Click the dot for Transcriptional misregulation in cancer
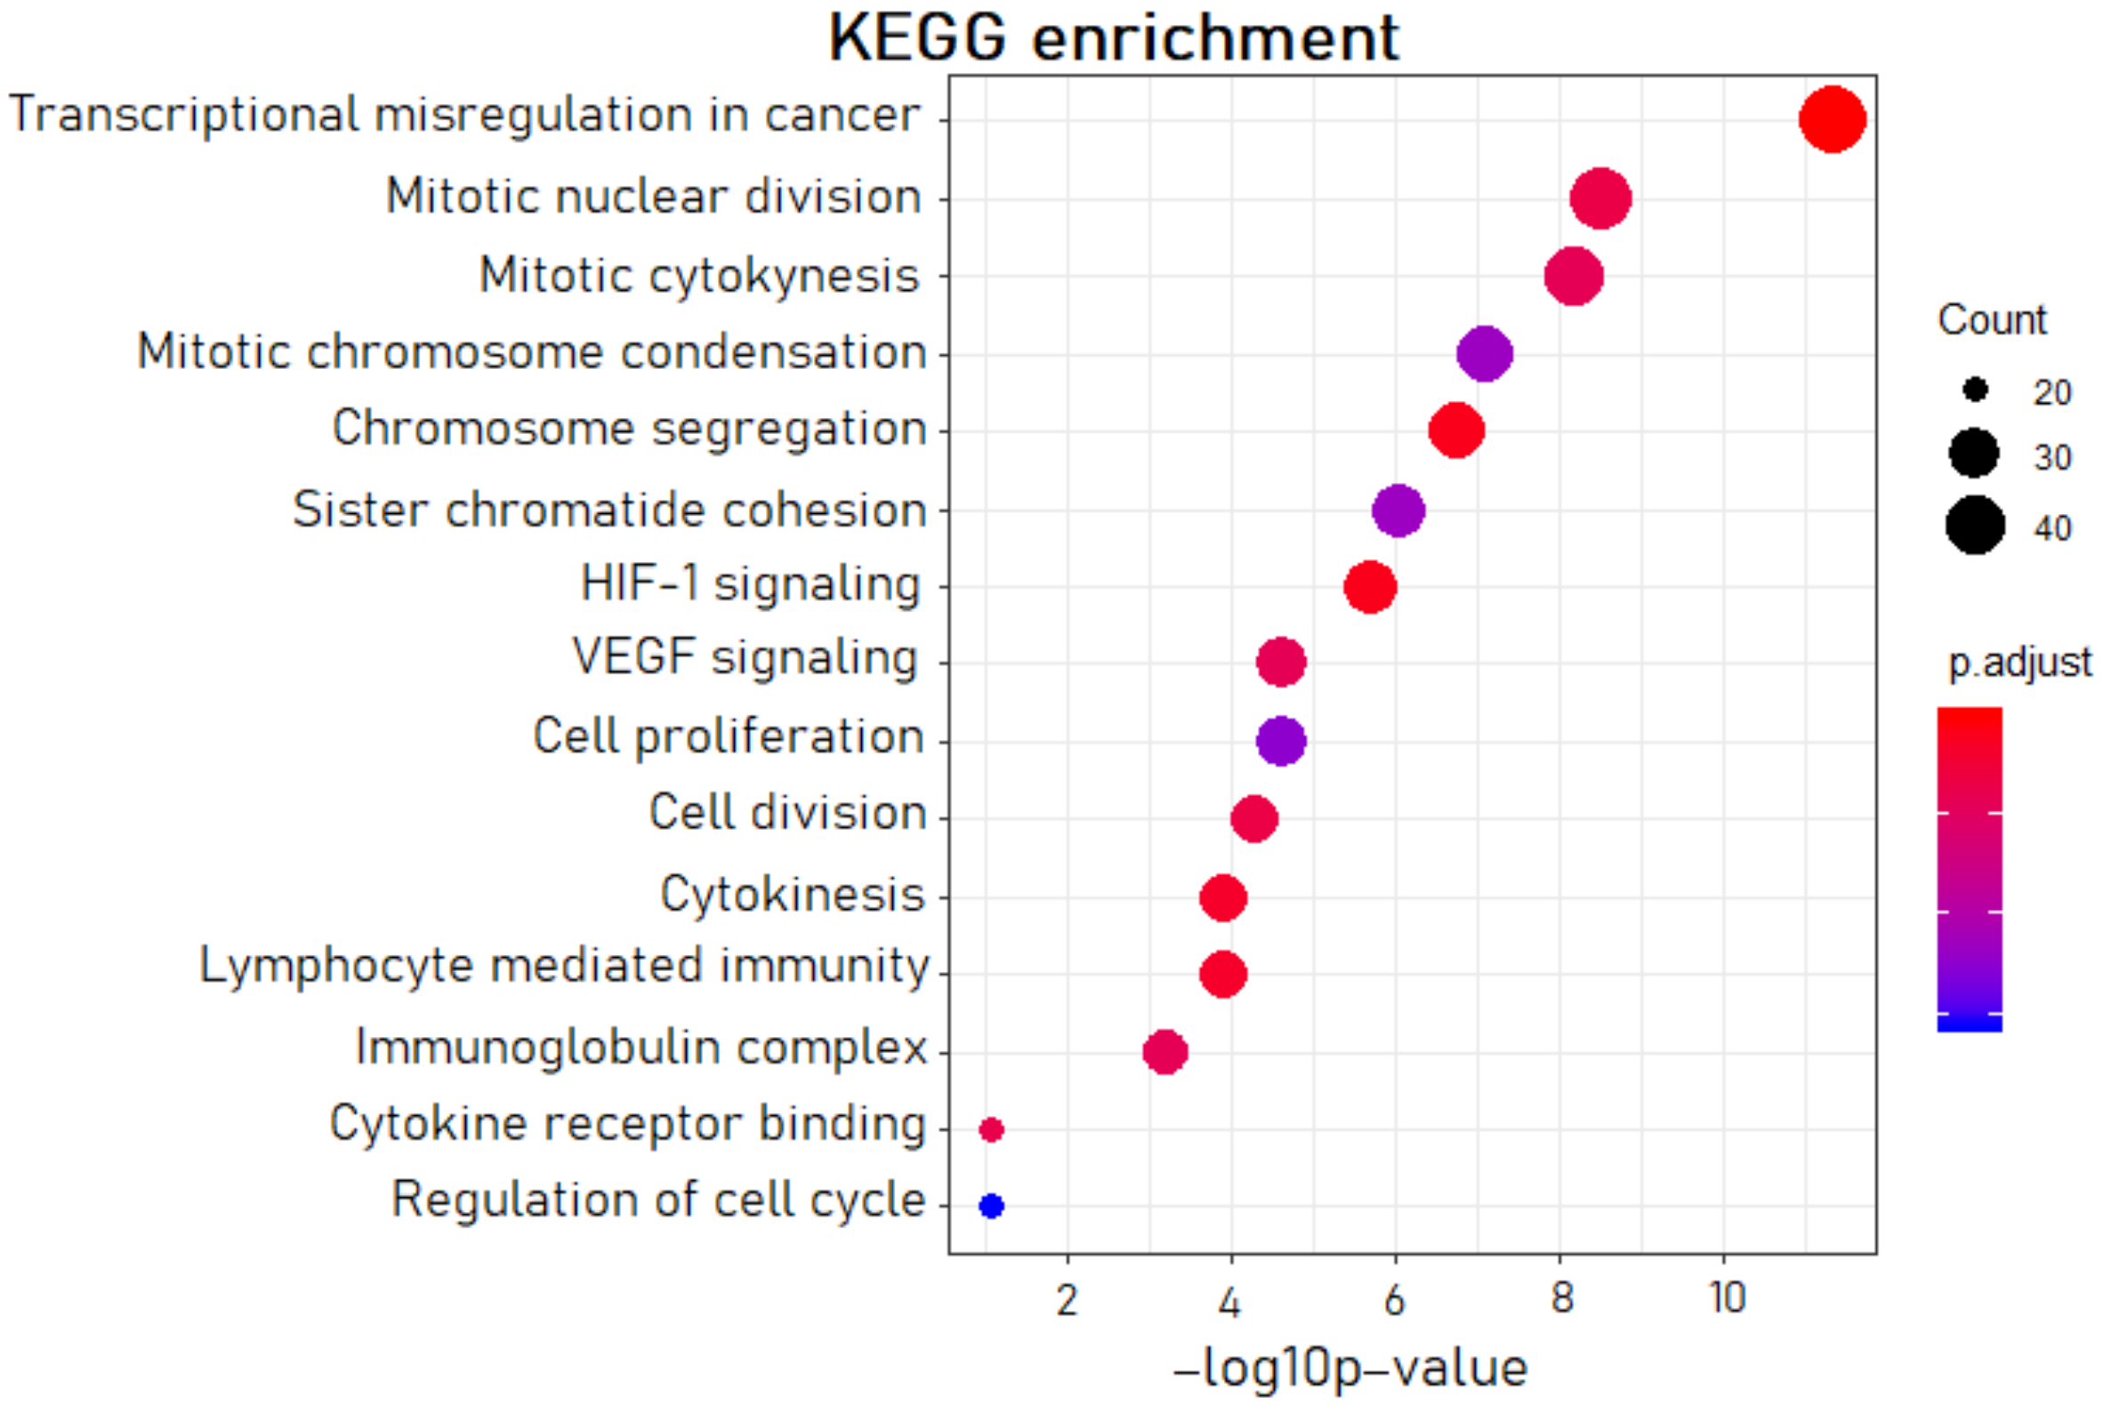point(1832,119)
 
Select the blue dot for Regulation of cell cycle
point(991,1206)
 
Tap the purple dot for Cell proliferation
point(1281,741)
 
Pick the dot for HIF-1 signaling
point(1369,587)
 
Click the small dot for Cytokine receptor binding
point(991,1129)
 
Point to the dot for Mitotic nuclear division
point(1599,198)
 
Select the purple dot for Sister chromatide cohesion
point(1398,511)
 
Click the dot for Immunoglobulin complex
point(1165,1051)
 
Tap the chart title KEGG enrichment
point(1113,37)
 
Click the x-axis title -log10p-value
point(1350,1369)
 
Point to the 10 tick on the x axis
point(1727,1298)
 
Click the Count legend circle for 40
point(1975,526)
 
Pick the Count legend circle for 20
point(1975,390)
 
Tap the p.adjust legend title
point(2019,663)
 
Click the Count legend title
point(1992,320)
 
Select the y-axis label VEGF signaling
point(745,658)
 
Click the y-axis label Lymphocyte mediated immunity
point(564,967)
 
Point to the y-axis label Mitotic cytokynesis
point(699,276)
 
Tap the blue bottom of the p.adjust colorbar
point(1970,1023)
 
